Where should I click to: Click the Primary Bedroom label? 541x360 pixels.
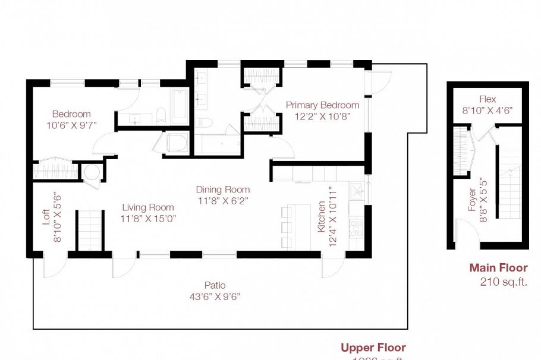tap(322, 105)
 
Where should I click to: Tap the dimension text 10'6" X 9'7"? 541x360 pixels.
tap(71, 125)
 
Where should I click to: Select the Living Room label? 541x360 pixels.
tap(148, 207)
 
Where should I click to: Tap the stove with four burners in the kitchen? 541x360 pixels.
tap(356, 228)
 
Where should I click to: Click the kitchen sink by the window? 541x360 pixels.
tap(357, 190)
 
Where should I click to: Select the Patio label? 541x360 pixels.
tap(214, 285)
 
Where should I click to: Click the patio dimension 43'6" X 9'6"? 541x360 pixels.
tap(214, 296)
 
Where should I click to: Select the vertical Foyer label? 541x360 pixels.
tap(471, 200)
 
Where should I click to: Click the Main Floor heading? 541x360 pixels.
tap(498, 268)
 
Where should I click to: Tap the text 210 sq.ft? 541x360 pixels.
tap(504, 282)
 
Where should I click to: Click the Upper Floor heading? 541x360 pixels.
tap(373, 348)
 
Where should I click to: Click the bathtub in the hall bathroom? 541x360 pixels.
tap(179, 107)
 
